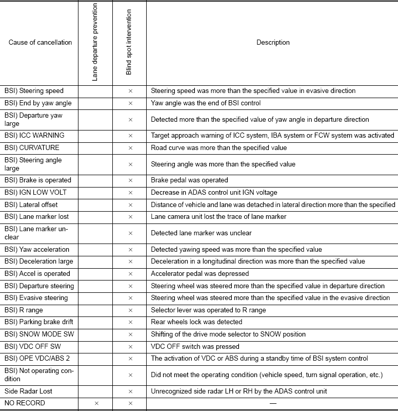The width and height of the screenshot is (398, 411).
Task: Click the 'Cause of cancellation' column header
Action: [x=40, y=42]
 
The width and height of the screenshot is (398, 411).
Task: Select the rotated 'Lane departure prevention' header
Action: [x=95, y=42]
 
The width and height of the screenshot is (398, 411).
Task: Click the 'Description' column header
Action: [x=273, y=42]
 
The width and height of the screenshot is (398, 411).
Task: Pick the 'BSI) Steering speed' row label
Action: [x=34, y=91]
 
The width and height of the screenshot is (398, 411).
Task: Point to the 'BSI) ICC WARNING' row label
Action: [x=34, y=136]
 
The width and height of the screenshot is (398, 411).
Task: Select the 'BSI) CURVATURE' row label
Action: [x=32, y=148]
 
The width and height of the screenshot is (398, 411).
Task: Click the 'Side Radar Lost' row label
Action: [x=28, y=391]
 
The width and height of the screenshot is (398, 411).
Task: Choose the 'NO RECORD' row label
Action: [x=25, y=403]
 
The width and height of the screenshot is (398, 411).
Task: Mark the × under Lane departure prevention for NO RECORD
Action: [x=96, y=404]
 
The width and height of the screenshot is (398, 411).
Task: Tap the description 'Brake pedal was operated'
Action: [x=189, y=180]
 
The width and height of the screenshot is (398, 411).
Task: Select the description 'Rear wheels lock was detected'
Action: [x=196, y=322]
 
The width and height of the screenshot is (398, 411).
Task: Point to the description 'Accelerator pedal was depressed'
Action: [x=200, y=274]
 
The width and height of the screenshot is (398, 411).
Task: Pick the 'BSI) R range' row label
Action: [x=24, y=310]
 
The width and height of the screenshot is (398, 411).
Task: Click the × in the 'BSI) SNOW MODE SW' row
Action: [x=130, y=334]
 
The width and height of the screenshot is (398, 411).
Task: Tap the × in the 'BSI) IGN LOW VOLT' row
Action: [x=130, y=193]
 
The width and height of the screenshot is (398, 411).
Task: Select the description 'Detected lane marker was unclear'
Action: [x=201, y=233]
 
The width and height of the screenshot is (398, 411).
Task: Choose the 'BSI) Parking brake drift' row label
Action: [x=39, y=322]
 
